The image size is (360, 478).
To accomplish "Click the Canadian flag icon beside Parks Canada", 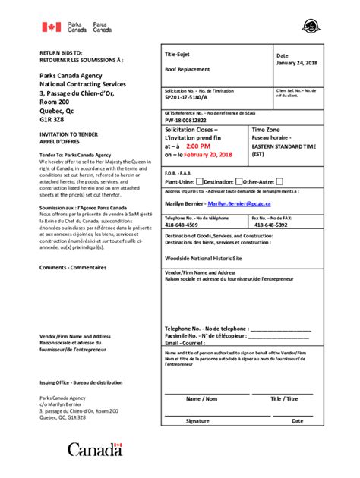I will pyautogui.click(x=51, y=27).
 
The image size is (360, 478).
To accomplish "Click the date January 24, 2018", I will pyautogui.click(x=297, y=64).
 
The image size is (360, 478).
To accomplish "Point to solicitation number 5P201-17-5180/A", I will pyautogui.click(x=191, y=98).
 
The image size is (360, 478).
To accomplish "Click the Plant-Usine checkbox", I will pyautogui.click(x=199, y=181).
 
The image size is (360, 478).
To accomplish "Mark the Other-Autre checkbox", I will pyautogui.click(x=279, y=181).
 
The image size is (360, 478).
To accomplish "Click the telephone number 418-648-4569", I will pyautogui.click(x=182, y=225).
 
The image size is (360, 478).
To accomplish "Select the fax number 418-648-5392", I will pyautogui.click(x=270, y=225).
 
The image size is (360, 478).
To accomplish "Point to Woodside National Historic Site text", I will pyautogui.click(x=199, y=258).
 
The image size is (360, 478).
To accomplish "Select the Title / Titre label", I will pyautogui.click(x=284, y=398).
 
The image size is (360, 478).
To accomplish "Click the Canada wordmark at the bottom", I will pyautogui.click(x=94, y=449).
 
